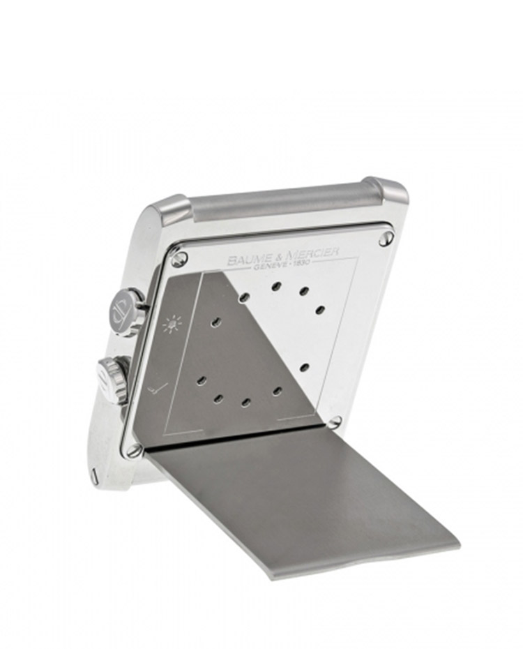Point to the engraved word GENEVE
coord(266,267)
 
